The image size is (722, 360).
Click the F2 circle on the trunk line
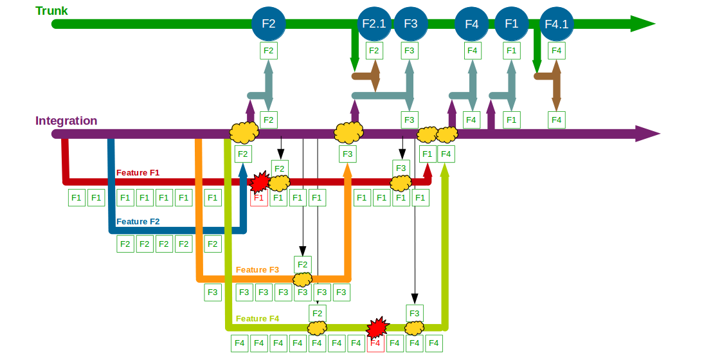(269, 23)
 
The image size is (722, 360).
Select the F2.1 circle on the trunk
(374, 23)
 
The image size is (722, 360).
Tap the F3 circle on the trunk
(411, 23)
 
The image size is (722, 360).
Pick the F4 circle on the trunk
(472, 24)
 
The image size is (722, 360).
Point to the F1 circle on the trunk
(512, 23)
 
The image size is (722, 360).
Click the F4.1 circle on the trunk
(557, 24)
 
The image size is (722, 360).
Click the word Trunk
(51, 10)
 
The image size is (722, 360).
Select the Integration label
(66, 121)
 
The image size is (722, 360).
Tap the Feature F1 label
(138, 173)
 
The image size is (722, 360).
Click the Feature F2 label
(138, 221)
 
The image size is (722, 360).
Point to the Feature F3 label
(257, 270)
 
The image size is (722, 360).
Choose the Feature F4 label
(257, 319)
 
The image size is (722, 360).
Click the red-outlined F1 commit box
(259, 198)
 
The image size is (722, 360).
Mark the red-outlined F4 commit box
(375, 343)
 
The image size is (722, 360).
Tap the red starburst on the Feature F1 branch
(260, 183)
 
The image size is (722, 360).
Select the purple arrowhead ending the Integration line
(647, 134)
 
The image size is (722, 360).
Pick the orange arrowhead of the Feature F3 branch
(348, 170)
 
